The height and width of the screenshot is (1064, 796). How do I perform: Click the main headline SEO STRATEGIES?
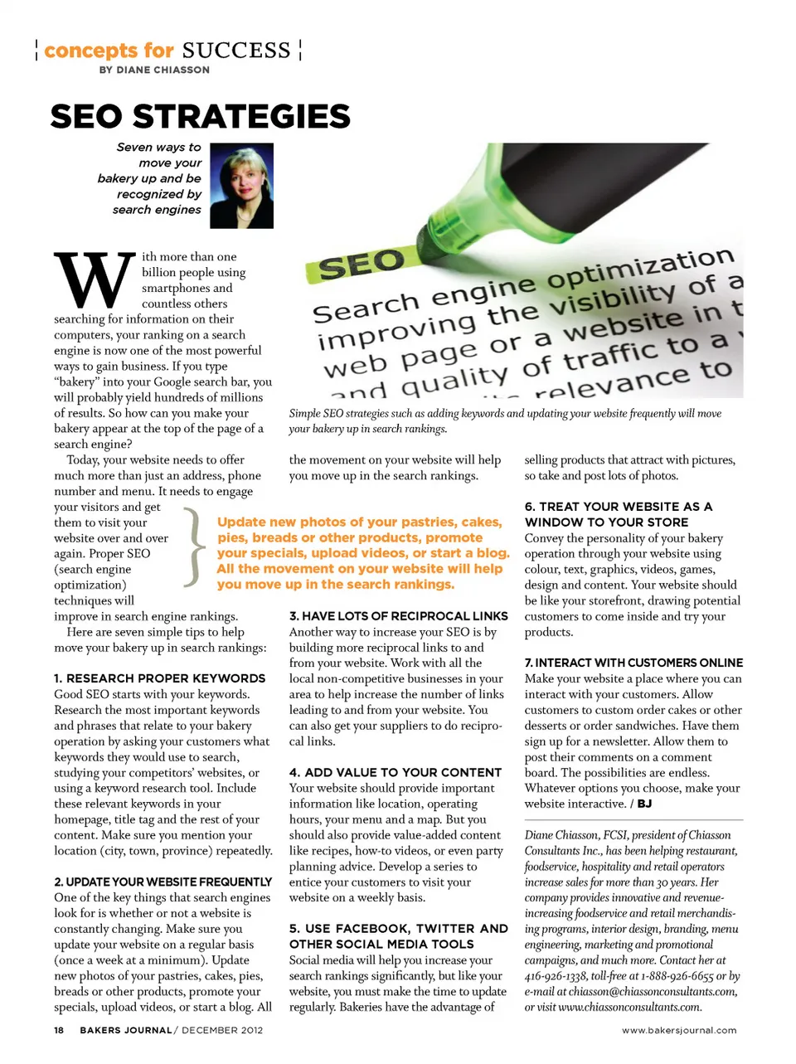click(x=200, y=117)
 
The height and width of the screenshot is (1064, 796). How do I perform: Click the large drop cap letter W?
click(x=94, y=280)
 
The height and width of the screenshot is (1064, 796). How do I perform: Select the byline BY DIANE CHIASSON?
click(x=154, y=70)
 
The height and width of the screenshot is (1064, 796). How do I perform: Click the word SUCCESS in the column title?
click(x=236, y=51)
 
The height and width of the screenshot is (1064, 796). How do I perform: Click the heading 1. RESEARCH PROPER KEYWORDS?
click(x=160, y=678)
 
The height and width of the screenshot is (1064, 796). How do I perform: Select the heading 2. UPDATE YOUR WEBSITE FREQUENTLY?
click(x=163, y=882)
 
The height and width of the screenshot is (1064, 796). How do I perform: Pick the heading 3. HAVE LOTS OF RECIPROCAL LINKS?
click(x=398, y=616)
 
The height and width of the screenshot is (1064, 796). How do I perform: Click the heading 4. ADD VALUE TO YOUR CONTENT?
click(x=396, y=772)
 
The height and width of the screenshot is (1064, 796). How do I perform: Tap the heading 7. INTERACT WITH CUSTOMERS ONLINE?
click(x=633, y=663)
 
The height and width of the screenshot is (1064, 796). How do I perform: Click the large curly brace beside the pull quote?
click(x=195, y=547)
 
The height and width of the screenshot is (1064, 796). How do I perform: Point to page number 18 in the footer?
click(x=59, y=1030)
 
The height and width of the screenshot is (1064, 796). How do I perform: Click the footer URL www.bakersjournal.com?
click(x=679, y=1030)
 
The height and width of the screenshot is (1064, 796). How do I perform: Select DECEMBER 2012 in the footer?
click(x=222, y=1030)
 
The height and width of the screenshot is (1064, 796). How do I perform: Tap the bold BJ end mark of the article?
click(x=644, y=804)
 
